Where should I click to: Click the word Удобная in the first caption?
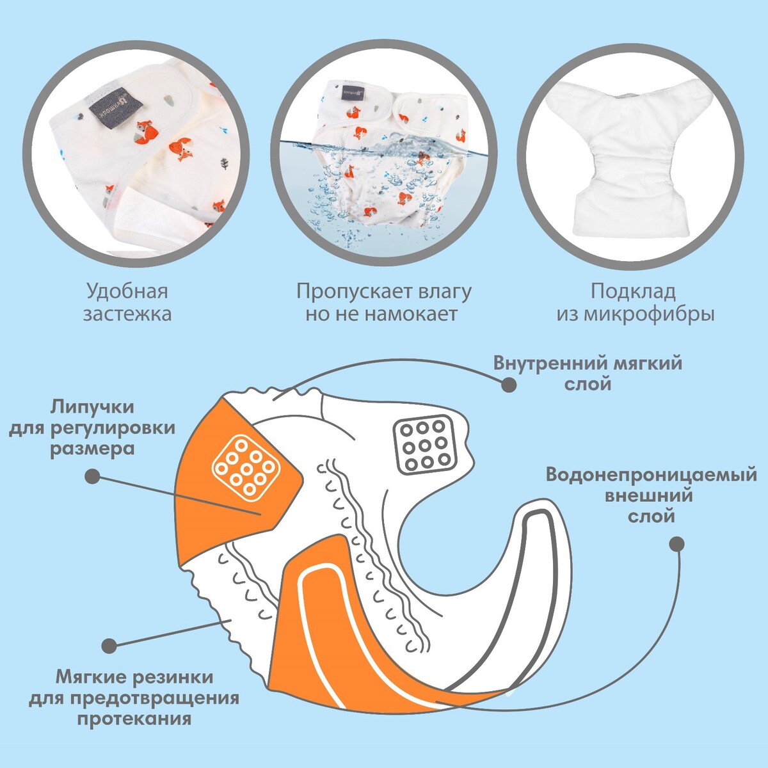pos(127,292)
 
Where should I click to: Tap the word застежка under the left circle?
pos(127,315)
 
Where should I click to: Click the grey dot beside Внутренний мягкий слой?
pos(509,385)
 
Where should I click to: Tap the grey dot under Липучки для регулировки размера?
pos(93,476)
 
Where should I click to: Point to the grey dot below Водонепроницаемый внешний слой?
pos(676,544)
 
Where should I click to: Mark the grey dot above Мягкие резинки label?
pos(110,645)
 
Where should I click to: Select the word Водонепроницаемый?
pos(652,476)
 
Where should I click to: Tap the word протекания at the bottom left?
pos(134,718)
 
